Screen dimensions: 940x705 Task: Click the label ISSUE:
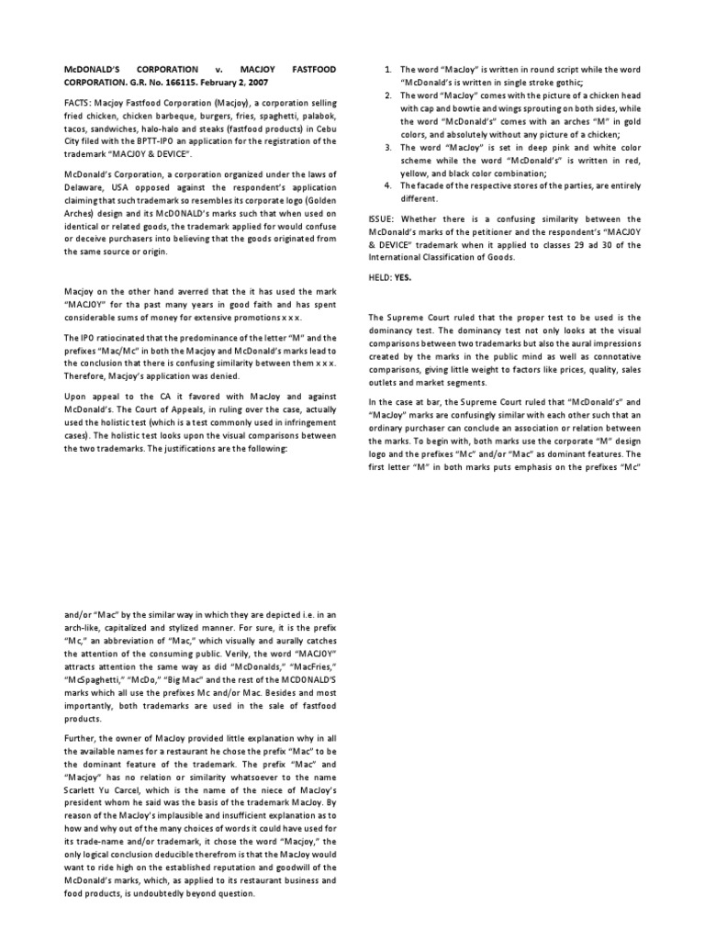382,219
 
